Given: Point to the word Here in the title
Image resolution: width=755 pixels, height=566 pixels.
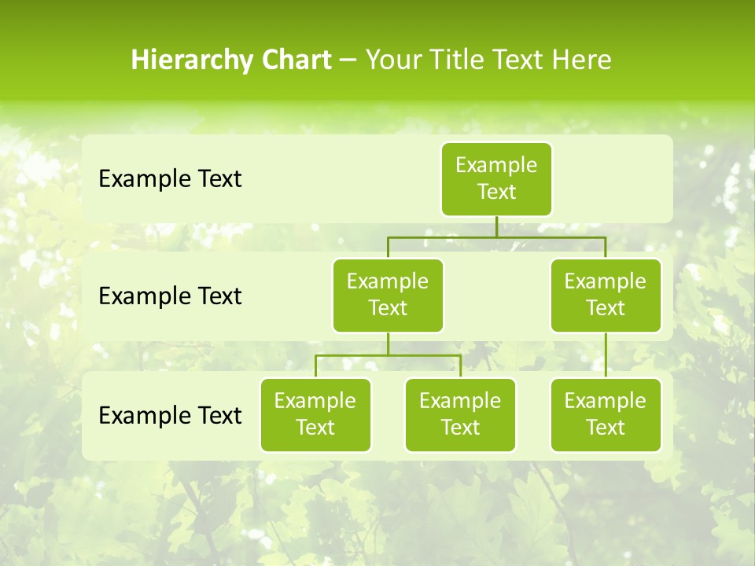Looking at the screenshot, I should (x=581, y=61).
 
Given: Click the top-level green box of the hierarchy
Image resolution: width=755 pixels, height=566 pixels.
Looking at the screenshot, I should (x=496, y=178).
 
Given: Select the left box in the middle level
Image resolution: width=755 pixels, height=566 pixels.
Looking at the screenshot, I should (x=388, y=295).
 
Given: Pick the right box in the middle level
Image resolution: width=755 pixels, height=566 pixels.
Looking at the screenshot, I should (x=606, y=295).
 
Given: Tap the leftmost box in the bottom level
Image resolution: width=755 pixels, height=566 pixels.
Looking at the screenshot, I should (x=315, y=414).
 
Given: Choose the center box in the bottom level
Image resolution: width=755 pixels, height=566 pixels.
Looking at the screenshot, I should (x=460, y=414).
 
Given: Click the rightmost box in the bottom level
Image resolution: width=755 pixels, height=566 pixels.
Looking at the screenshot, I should (x=606, y=414).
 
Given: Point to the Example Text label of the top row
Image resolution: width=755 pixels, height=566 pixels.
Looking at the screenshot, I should (x=170, y=179).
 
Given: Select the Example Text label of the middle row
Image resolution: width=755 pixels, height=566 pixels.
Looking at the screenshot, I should (x=170, y=296).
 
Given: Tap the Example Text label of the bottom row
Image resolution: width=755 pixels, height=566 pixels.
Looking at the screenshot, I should (x=170, y=415).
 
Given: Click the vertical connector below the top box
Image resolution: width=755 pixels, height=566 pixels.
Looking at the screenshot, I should (x=496, y=226).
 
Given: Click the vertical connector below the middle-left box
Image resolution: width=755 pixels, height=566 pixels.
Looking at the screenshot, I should (x=388, y=344).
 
